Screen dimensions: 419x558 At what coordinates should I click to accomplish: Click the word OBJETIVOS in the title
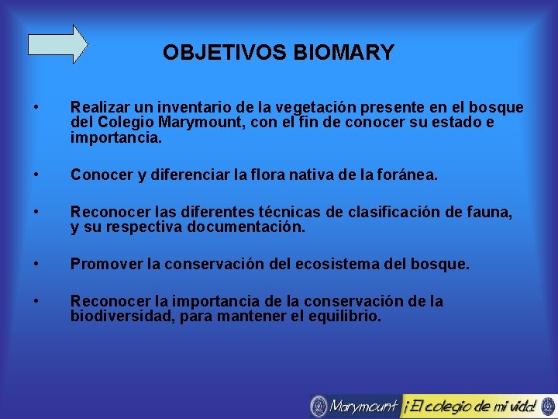coord(225,53)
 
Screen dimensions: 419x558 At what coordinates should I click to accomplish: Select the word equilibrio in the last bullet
coord(346,317)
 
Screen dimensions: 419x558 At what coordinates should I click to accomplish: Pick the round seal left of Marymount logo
coord(319,406)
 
